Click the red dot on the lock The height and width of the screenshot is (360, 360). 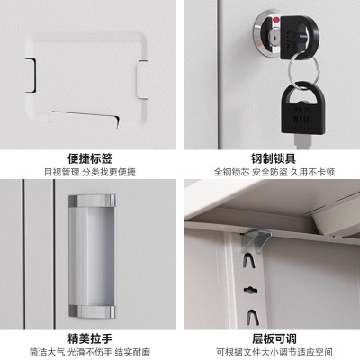pos(275,21)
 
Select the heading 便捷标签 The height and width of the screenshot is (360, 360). pos(90,158)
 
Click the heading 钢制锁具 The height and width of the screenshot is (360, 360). pos(274,158)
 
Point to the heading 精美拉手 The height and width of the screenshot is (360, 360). pos(90,338)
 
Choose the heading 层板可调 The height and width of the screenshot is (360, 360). pos(274,338)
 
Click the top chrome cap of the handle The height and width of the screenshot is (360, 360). pos(92,201)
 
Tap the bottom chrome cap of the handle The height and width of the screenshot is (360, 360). pos(92,312)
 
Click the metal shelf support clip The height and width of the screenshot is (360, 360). pos(255,239)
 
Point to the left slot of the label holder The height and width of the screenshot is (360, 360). pos(31,76)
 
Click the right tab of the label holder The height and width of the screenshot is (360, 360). pos(142,80)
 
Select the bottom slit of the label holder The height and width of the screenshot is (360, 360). pos(85,119)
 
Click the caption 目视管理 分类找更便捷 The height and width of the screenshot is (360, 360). pos(90,172)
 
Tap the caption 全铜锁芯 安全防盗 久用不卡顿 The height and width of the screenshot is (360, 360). pos(274,172)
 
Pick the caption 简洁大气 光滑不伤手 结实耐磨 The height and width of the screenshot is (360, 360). pos(90,352)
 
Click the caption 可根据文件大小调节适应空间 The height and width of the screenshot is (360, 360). pos(274,352)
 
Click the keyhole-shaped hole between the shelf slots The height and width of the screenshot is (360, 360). pos(249,290)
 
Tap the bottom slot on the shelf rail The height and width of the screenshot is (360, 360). pos(251,317)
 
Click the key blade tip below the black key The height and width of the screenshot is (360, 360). pos(302,141)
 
